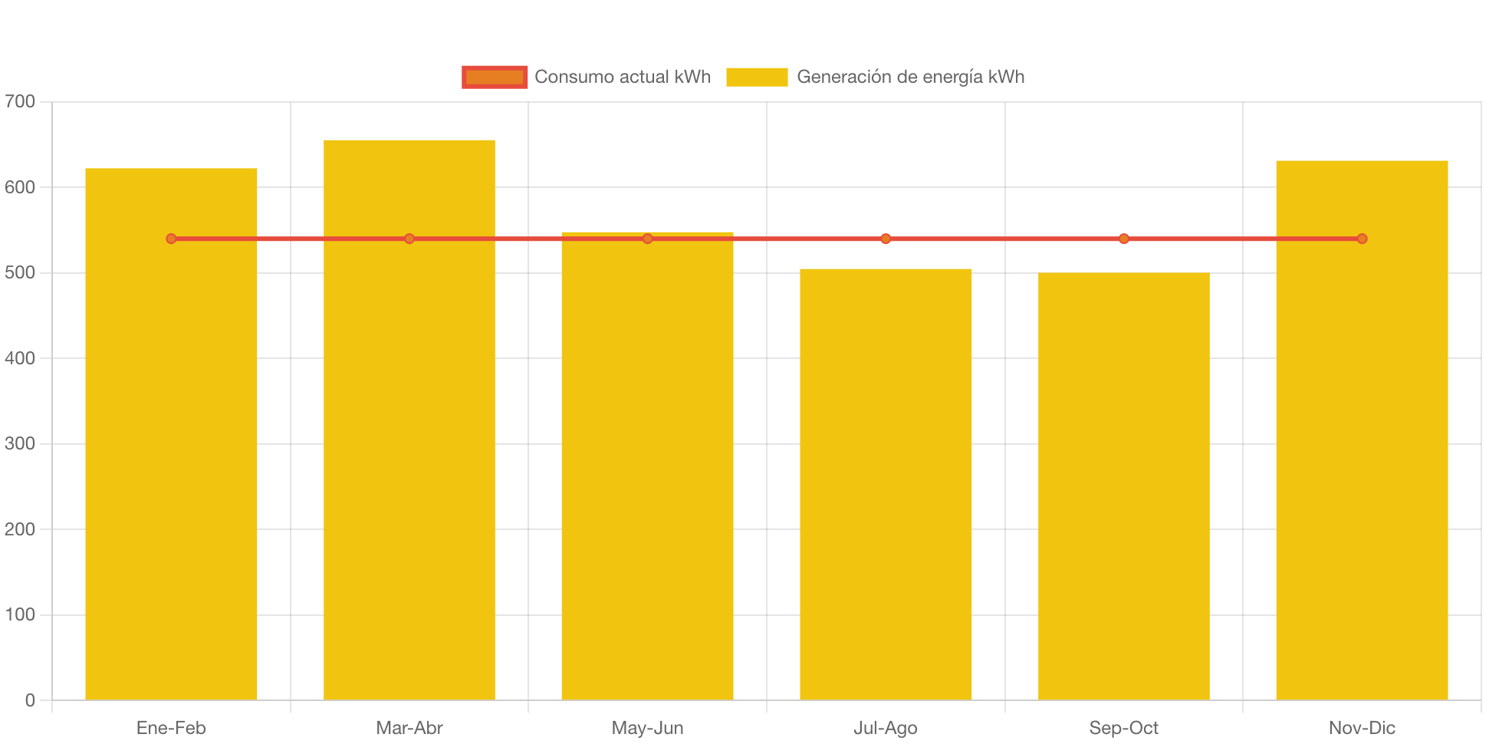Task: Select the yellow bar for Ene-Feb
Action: click(171, 460)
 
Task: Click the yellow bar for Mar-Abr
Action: click(409, 460)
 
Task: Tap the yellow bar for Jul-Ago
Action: click(886, 483)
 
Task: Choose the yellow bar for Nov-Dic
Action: click(1362, 460)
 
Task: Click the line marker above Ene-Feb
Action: click(171, 239)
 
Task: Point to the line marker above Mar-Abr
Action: click(409, 239)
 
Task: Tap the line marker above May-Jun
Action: click(648, 239)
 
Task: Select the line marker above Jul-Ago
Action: click(886, 239)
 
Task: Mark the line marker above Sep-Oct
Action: click(1123, 239)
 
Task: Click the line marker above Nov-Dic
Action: click(1362, 239)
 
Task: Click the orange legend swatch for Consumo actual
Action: click(495, 77)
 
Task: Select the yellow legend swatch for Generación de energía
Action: click(757, 77)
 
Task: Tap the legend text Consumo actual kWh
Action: click(623, 77)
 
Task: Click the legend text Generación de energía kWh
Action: click(910, 77)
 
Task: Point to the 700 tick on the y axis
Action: click(20, 101)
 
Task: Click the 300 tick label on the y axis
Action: click(20, 443)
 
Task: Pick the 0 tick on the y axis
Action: click(30, 700)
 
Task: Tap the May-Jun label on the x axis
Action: click(648, 727)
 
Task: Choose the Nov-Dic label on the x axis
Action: click(1362, 727)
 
